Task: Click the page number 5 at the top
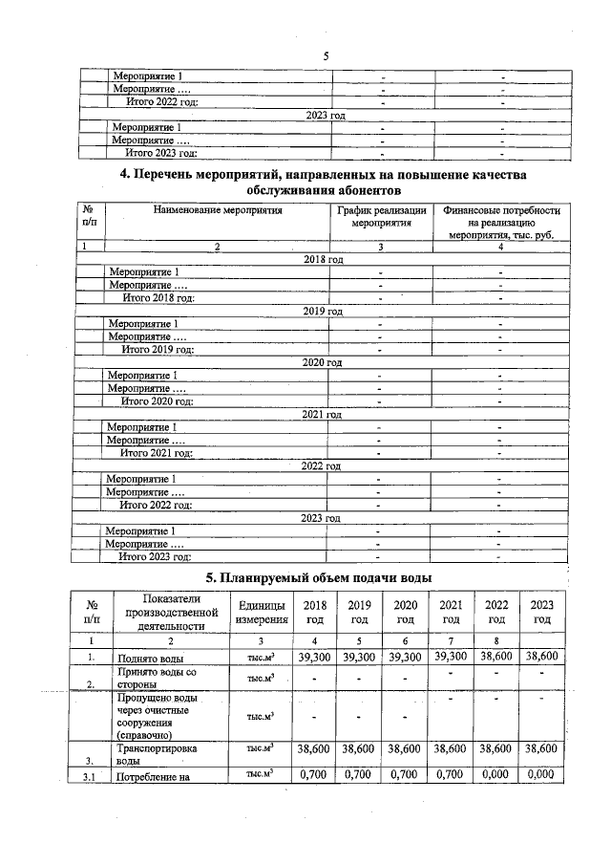pyautogui.click(x=325, y=56)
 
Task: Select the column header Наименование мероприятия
pyautogui.click(x=219, y=210)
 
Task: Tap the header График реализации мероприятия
pyautogui.click(x=381, y=217)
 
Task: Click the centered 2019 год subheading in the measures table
pyautogui.click(x=323, y=311)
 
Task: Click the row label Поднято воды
pyautogui.click(x=144, y=659)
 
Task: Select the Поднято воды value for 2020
pyautogui.click(x=405, y=658)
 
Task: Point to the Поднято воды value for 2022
pyautogui.click(x=496, y=658)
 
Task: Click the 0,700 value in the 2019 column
pyautogui.click(x=360, y=776)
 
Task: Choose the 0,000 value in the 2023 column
pyautogui.click(x=542, y=776)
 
